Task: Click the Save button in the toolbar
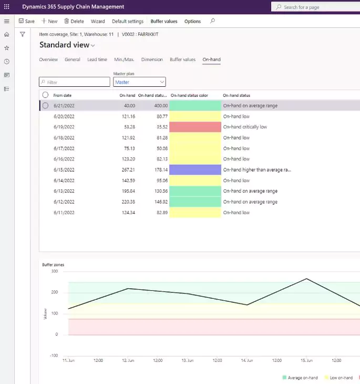pyautogui.click(x=26, y=22)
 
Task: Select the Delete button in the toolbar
pyautogui.click(x=74, y=22)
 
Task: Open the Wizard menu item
pyautogui.click(x=98, y=22)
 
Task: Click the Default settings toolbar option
pyautogui.click(x=128, y=22)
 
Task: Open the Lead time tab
pyautogui.click(x=97, y=59)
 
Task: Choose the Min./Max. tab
pyautogui.click(x=124, y=59)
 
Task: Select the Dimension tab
pyautogui.click(x=152, y=59)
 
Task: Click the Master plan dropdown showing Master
pyautogui.click(x=139, y=82)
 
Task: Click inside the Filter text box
pyautogui.click(x=75, y=82)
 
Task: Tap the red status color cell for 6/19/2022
pyautogui.click(x=195, y=127)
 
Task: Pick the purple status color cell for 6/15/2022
pyautogui.click(x=195, y=170)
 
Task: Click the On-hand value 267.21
pyautogui.click(x=128, y=170)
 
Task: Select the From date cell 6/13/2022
pyautogui.click(x=64, y=191)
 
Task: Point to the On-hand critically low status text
pyautogui.click(x=245, y=127)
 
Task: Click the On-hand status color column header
pyautogui.click(x=189, y=96)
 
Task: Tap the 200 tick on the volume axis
pyautogui.click(x=55, y=292)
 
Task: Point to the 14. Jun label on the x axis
pyautogui.click(x=247, y=360)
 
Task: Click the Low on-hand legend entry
pyautogui.click(x=338, y=378)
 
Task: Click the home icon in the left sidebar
pyautogui.click(x=7, y=34)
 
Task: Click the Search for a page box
pyautogui.click(x=315, y=7)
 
